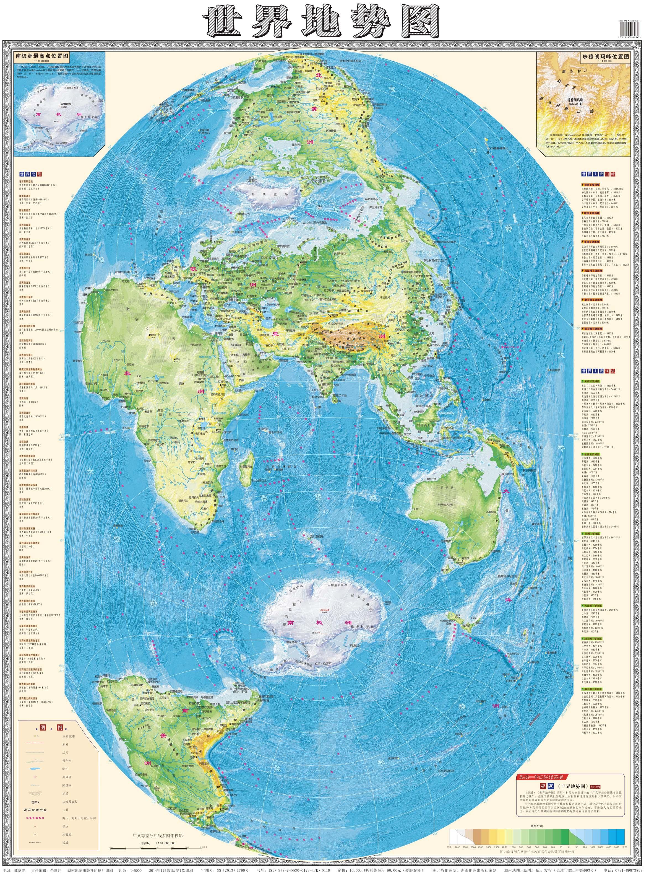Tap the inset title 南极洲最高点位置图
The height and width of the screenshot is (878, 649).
[41, 56]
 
